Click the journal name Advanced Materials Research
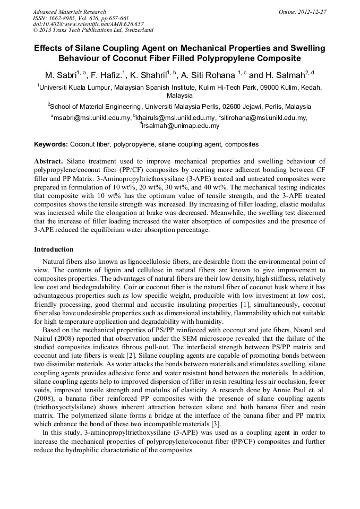coord(69,12)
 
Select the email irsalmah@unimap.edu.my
coord(181,126)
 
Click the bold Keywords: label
coord(51,144)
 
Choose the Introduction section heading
coord(54,249)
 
